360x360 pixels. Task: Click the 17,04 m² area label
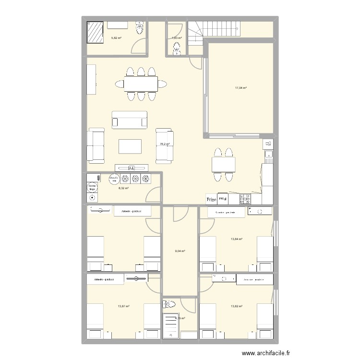point(241,88)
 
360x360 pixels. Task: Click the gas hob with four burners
point(245,197)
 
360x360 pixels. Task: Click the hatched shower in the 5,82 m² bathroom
point(95,32)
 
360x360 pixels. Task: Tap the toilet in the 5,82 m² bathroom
point(140,29)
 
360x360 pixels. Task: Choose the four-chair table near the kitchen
point(224,165)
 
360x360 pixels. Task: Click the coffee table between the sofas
point(130,146)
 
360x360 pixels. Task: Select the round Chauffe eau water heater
point(114,179)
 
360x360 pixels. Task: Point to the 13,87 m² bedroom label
point(124,306)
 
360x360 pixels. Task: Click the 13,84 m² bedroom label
point(237,239)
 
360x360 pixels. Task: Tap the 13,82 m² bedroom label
point(237,306)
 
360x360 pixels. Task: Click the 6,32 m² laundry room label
point(124,189)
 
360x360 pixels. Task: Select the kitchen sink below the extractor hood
point(269,155)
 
